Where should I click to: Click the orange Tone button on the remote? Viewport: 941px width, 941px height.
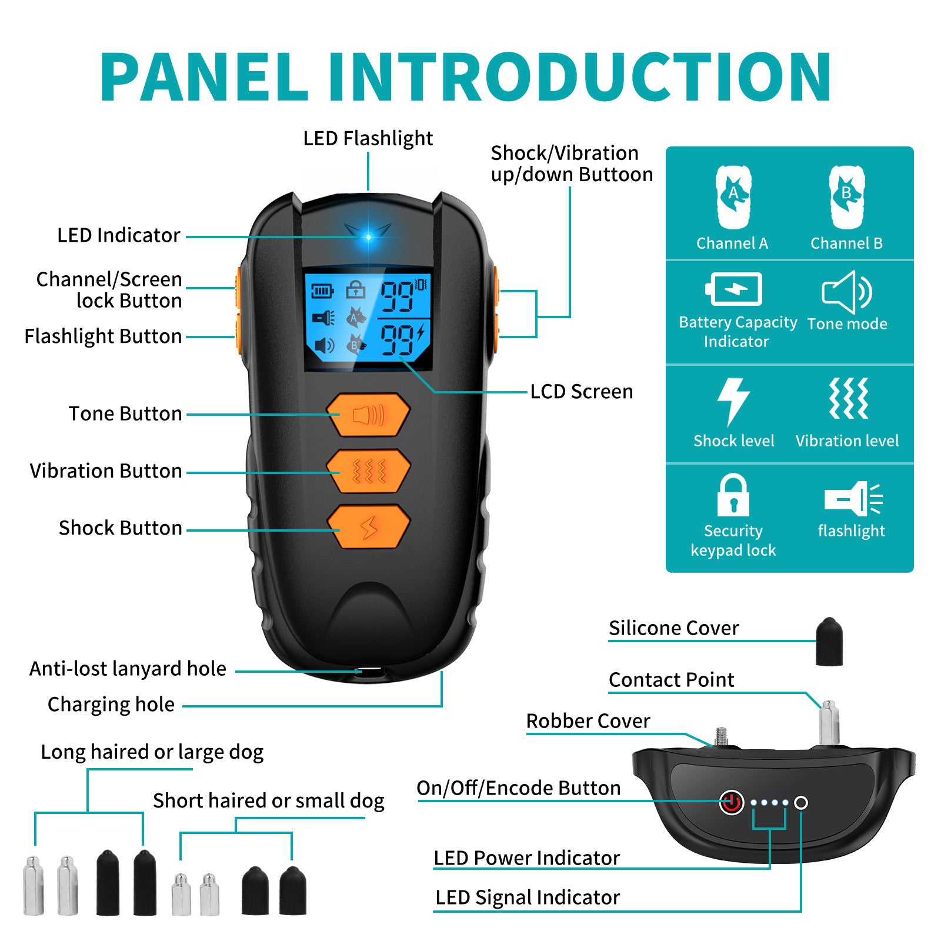[368, 415]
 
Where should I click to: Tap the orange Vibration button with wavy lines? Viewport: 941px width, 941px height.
[368, 471]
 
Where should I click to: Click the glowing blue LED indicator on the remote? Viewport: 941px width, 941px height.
[368, 237]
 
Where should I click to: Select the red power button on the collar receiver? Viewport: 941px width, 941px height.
[732, 802]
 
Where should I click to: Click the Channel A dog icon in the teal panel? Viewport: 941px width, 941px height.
[733, 196]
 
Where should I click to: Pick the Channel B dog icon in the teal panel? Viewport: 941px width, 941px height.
[847, 196]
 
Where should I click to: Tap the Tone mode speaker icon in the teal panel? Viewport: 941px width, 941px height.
[847, 292]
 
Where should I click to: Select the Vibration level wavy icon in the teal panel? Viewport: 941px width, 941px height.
[848, 399]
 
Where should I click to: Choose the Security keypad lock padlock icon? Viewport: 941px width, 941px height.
[733, 495]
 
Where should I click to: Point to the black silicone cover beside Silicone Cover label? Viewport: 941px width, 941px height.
[829, 642]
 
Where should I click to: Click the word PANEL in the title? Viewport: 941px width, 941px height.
[203, 78]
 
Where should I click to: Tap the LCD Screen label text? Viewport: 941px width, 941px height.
[581, 392]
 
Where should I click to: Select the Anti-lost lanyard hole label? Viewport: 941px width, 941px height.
[128, 669]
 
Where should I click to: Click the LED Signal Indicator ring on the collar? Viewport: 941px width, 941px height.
[800, 803]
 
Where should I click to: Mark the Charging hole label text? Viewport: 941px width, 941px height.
[111, 705]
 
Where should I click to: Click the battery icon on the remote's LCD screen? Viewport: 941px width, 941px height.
[322, 291]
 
